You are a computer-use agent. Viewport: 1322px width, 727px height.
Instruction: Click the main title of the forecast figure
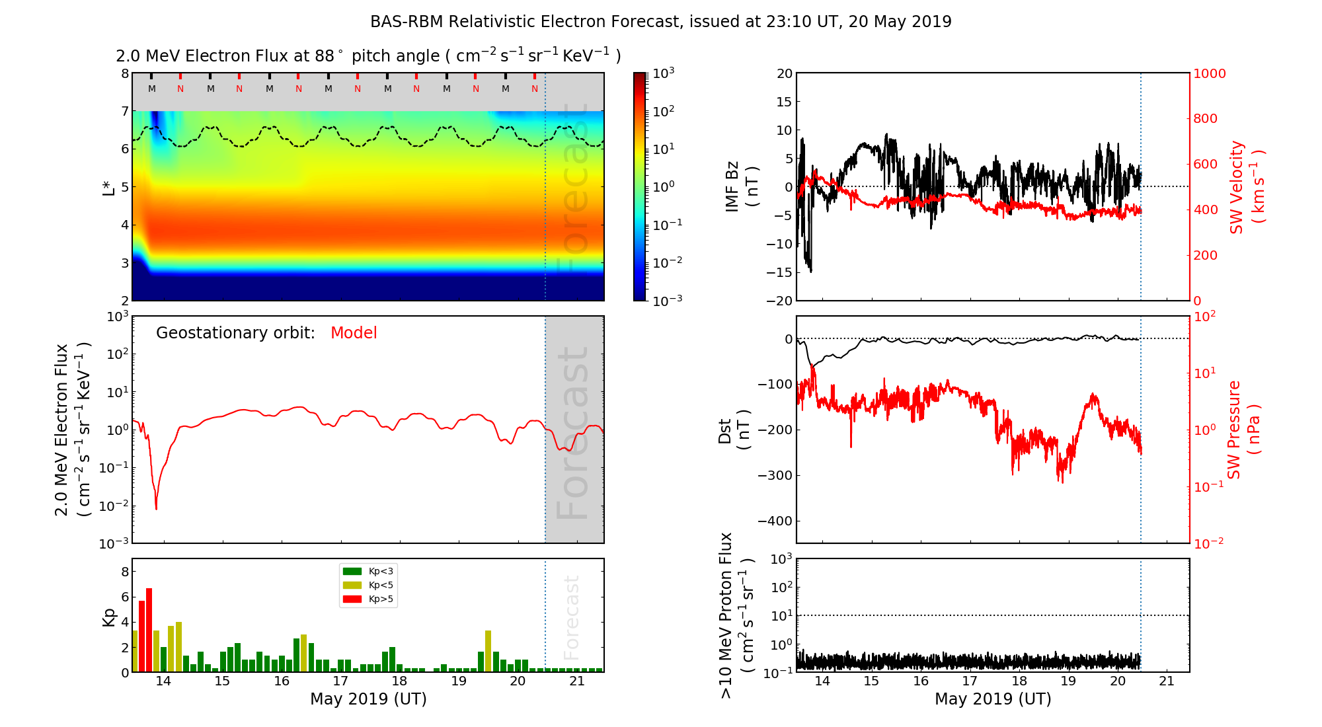tap(661, 22)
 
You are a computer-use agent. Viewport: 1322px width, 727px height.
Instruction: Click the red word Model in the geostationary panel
tap(354, 333)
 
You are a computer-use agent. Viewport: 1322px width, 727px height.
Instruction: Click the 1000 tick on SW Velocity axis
tap(1209, 73)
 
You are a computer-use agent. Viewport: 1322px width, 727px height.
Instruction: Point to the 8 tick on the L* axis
tap(124, 73)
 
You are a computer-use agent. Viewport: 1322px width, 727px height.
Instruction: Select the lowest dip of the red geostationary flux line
tap(156, 508)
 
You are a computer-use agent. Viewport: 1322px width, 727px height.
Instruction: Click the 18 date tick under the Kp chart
tap(399, 681)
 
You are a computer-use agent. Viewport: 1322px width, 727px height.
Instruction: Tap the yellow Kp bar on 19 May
tap(488, 651)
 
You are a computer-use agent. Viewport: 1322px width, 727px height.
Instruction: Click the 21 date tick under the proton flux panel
tap(1167, 681)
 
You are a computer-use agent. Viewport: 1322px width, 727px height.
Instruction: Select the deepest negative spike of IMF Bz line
tap(811, 271)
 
